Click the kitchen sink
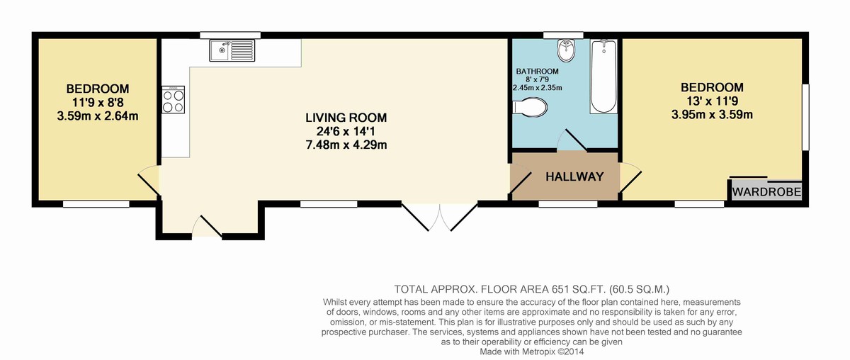[232, 50]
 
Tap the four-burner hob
[174, 99]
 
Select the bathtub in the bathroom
[603, 76]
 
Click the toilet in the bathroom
[530, 107]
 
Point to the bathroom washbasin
[567, 50]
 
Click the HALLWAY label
[574, 176]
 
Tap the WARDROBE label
[766, 192]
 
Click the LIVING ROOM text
[346, 118]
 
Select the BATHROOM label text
[537, 71]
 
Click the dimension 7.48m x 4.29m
[346, 145]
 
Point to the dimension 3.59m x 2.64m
[98, 116]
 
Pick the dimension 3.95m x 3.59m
[712, 115]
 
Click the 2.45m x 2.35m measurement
[538, 88]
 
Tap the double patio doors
[439, 218]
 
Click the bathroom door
[572, 140]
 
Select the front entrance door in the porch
[207, 227]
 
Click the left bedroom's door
[149, 182]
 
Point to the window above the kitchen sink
[230, 35]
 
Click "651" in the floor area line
[560, 289]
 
